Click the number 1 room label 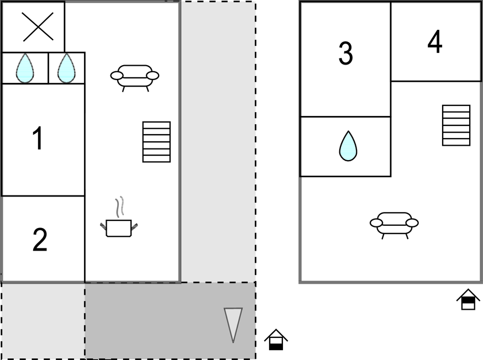38,138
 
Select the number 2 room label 40,240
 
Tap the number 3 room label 345,53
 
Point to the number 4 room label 435,41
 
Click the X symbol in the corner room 38,27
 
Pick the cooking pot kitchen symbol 119,228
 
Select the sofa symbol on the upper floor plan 394,225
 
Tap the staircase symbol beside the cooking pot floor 156,142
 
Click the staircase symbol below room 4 456,125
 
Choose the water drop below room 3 348,146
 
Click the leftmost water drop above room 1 25,68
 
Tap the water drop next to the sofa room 66,68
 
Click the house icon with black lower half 276,340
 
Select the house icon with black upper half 468,299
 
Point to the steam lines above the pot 120,206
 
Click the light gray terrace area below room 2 43,320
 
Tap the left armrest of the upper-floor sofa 376,223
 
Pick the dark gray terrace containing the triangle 170,320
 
